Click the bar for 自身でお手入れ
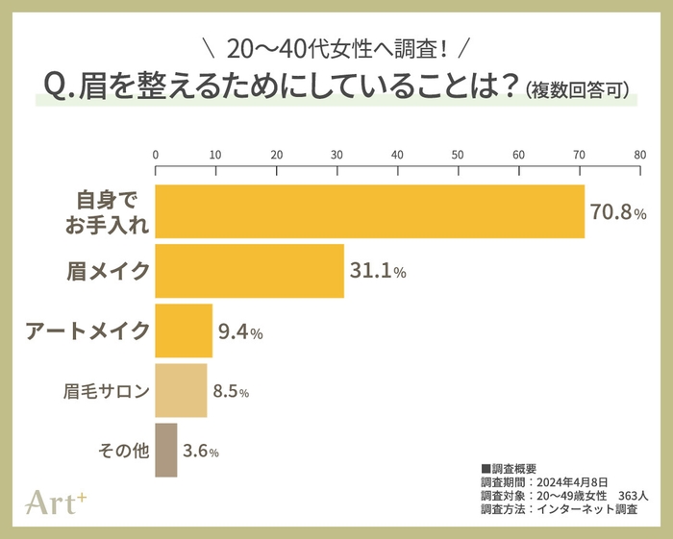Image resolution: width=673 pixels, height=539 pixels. (370, 211)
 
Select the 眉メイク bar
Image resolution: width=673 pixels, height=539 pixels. (249, 272)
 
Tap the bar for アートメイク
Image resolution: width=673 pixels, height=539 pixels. (184, 331)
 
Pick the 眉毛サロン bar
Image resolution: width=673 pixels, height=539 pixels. (181, 390)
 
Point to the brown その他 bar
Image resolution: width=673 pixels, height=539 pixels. (165, 450)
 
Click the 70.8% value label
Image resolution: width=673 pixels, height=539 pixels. (618, 212)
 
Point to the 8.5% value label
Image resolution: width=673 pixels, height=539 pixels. (232, 391)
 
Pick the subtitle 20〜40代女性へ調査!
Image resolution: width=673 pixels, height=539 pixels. (336, 47)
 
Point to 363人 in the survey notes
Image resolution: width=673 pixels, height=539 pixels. (634, 495)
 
